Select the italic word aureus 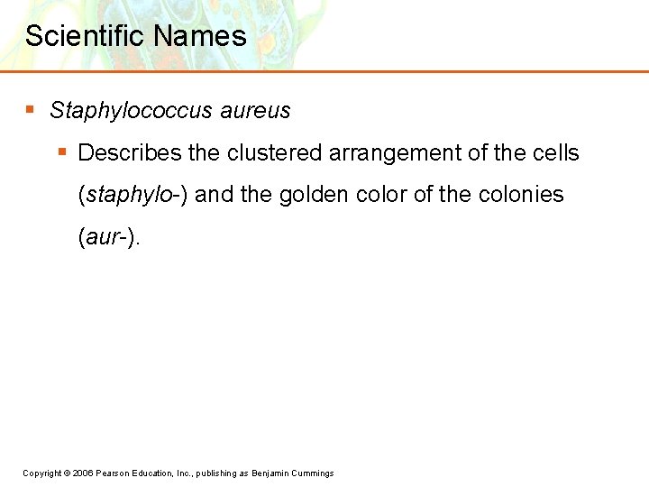click(x=255, y=111)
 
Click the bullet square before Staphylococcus click(x=30, y=110)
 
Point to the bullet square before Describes click(x=61, y=152)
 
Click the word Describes click(x=130, y=153)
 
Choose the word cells click(x=556, y=153)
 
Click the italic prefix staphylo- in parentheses click(x=133, y=195)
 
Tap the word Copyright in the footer click(x=41, y=473)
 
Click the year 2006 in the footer click(x=82, y=473)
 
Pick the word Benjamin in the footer click(x=271, y=473)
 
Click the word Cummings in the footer click(x=314, y=473)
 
